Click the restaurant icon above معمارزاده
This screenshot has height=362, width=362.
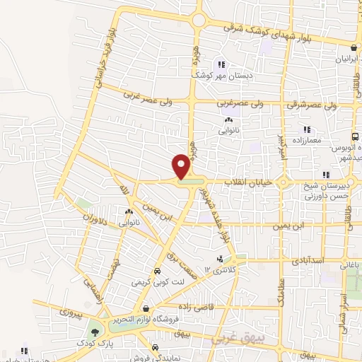307,129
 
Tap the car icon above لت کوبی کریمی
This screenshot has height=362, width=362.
157,271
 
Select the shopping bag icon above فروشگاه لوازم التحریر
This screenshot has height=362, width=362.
145,309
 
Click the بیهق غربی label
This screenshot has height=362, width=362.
233,340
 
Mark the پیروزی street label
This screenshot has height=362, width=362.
71,311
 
